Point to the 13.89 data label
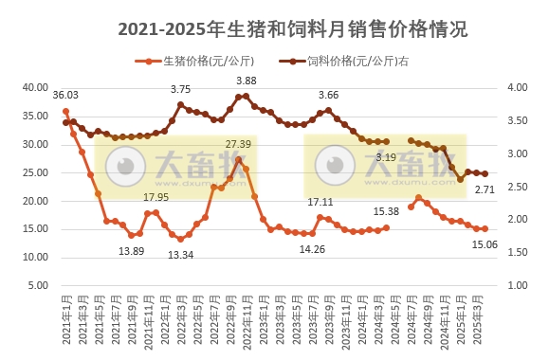pyautogui.click(x=132, y=250)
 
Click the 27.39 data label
pyautogui.click(x=238, y=144)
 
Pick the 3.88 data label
pyautogui.click(x=247, y=81)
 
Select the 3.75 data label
pyautogui.click(x=180, y=89)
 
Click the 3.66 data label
pyautogui.click(x=328, y=95)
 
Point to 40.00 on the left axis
pyautogui.click(x=35, y=88)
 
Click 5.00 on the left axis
pyautogui.click(x=38, y=285)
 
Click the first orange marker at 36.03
pyautogui.click(x=65, y=111)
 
